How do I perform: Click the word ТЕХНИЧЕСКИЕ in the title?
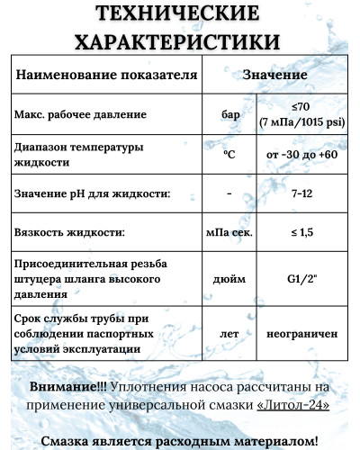point(180,15)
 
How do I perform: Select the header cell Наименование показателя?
point(106,76)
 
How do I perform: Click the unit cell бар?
point(230,114)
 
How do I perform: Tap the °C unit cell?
point(230,155)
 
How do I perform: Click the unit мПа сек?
point(230,232)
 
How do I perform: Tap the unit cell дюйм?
point(230,278)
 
